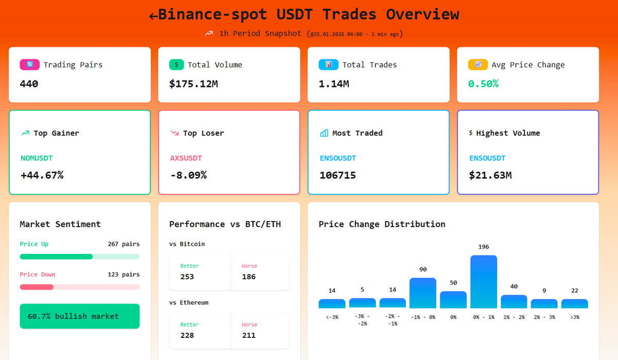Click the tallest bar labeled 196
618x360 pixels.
pyautogui.click(x=484, y=281)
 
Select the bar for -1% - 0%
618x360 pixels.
pyautogui.click(x=423, y=293)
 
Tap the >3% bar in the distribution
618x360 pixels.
pyautogui.click(x=574, y=304)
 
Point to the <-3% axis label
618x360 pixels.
pyautogui.click(x=332, y=317)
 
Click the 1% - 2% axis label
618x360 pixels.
pyautogui.click(x=514, y=317)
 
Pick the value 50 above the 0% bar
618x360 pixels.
pyautogui.click(x=453, y=283)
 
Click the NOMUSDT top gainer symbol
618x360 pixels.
pyautogui.click(x=37, y=158)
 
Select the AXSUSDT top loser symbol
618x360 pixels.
pyautogui.click(x=186, y=158)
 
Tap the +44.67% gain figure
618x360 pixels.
pyautogui.click(x=42, y=175)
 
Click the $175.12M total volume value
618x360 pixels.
pyautogui.click(x=194, y=83)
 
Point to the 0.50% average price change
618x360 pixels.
pyautogui.click(x=483, y=83)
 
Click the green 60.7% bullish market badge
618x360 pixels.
pyautogui.click(x=79, y=316)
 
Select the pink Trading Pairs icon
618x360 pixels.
pyautogui.click(x=29, y=65)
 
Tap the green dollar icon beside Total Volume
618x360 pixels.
pyautogui.click(x=177, y=65)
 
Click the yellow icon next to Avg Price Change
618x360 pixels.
pyautogui.click(x=478, y=65)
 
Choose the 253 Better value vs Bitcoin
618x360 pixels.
pyautogui.click(x=187, y=277)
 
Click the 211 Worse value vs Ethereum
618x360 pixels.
pyautogui.click(x=249, y=335)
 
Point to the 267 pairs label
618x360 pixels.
pyautogui.click(x=124, y=244)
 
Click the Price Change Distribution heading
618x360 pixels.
pyautogui.click(x=382, y=224)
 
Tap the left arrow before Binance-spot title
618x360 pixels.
pyautogui.click(x=153, y=16)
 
